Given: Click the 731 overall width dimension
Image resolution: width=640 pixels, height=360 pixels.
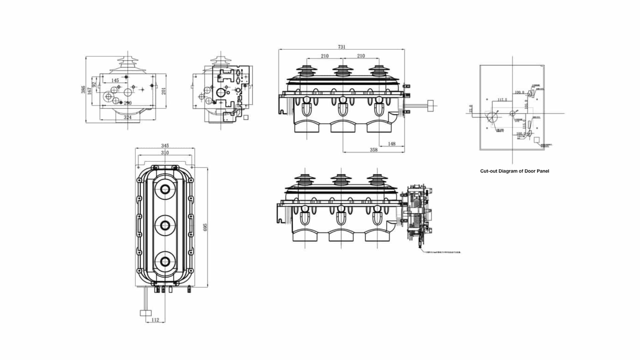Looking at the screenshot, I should pyautogui.click(x=342, y=47).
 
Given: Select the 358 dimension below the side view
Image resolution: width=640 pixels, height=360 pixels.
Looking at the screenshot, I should pyautogui.click(x=374, y=150).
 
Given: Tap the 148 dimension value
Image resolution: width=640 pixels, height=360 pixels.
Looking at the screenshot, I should pyautogui.click(x=392, y=144).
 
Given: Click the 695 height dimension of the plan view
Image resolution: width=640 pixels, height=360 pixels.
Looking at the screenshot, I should pyautogui.click(x=205, y=227).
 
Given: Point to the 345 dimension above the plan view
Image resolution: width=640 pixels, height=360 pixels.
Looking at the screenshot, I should pyautogui.click(x=165, y=146).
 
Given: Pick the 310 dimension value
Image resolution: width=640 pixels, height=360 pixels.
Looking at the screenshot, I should pyautogui.click(x=165, y=153).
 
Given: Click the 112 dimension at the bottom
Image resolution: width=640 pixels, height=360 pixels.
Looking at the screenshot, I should pyautogui.click(x=155, y=320).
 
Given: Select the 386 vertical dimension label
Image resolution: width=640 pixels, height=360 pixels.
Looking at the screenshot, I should pyautogui.click(x=83, y=89).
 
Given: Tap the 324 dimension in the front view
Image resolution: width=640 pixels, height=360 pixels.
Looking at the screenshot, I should pyautogui.click(x=128, y=117).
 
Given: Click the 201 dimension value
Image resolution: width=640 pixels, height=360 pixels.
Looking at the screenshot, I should pyautogui.click(x=164, y=91).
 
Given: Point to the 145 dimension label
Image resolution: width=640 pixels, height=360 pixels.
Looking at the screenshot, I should pyautogui.click(x=115, y=80).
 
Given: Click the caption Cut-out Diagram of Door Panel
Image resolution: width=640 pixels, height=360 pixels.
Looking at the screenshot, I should pyautogui.click(x=514, y=171).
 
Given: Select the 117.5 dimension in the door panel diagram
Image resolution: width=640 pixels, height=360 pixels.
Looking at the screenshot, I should pyautogui.click(x=502, y=100).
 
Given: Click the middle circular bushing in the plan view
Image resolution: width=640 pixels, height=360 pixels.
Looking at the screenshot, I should pyautogui.click(x=165, y=226).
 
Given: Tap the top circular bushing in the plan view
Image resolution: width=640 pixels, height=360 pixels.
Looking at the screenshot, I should pyautogui.click(x=165, y=189).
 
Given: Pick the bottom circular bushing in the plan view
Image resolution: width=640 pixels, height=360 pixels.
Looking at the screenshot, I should pyautogui.click(x=165, y=262).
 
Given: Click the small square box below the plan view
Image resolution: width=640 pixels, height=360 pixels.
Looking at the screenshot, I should pyautogui.click(x=145, y=313).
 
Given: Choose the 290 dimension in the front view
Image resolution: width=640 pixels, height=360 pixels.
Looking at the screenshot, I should pyautogui.click(x=128, y=103).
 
